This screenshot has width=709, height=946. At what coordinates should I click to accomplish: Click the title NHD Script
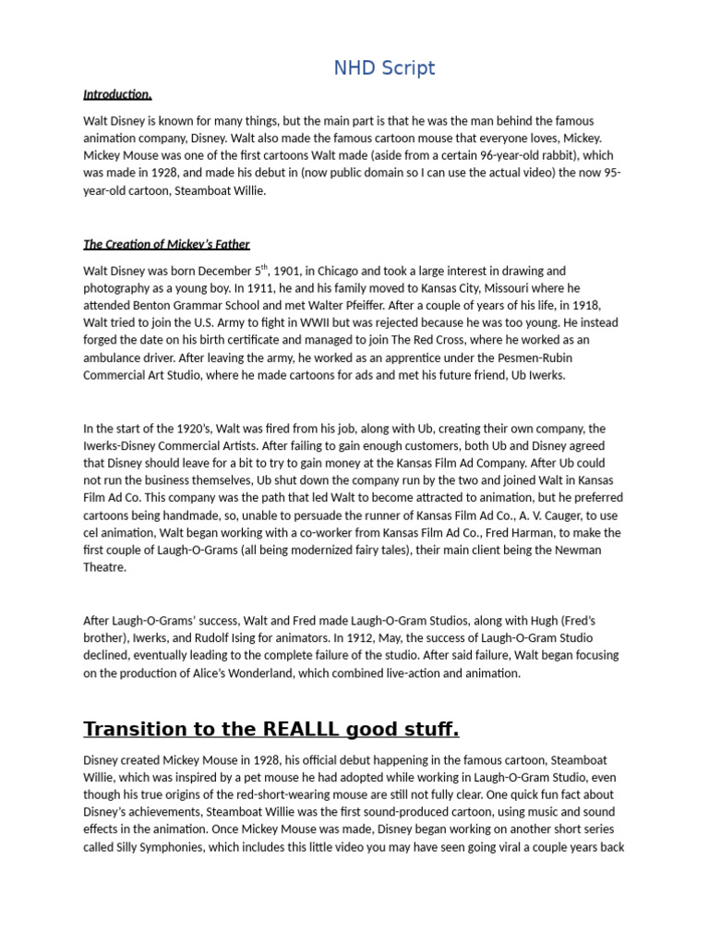click(384, 67)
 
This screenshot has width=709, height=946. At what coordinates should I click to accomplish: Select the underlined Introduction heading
click(117, 94)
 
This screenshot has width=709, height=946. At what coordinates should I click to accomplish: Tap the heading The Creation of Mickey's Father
click(166, 244)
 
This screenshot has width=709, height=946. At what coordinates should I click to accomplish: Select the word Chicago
click(348, 272)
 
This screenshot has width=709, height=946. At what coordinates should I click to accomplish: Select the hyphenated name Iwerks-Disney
click(123, 446)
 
